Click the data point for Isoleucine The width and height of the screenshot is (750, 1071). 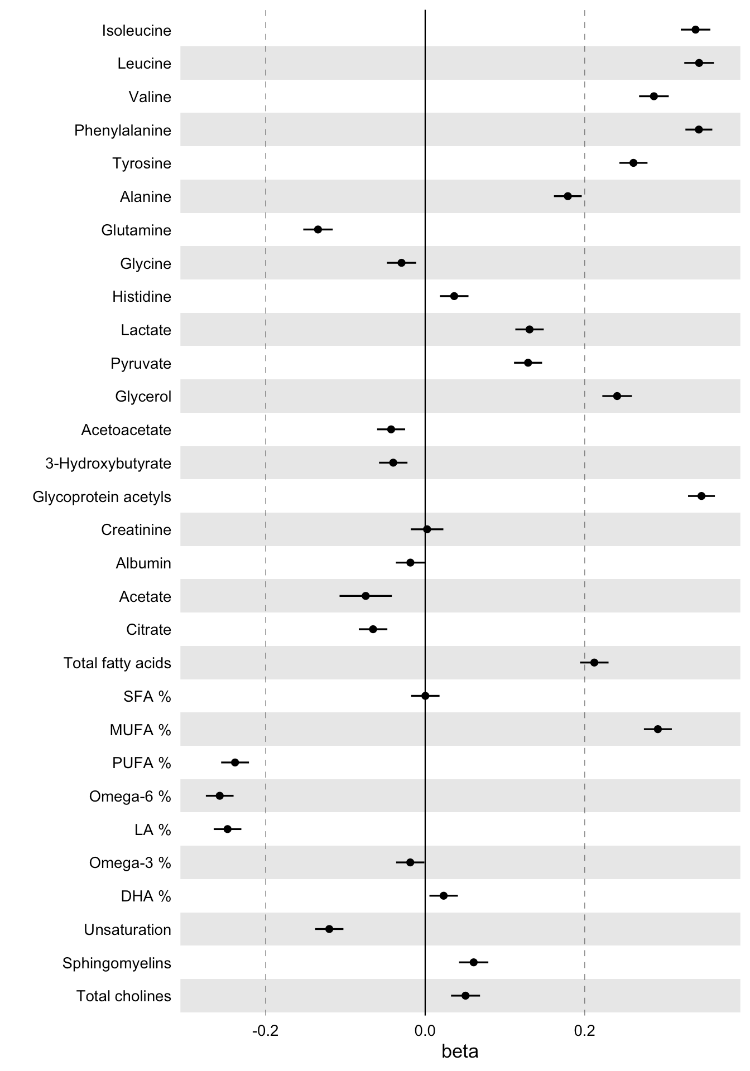[695, 30]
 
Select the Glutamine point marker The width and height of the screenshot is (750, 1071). [318, 229]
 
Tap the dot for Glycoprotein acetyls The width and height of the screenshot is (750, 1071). [701, 496]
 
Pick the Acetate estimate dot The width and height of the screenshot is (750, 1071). [366, 596]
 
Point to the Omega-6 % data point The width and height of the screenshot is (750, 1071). [219, 795]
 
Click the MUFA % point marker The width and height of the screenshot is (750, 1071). [657, 729]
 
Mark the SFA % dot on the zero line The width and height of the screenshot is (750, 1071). [425, 696]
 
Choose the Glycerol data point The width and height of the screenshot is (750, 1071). [617, 396]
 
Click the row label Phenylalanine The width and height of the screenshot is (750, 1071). [123, 131]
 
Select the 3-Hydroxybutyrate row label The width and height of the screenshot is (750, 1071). [108, 464]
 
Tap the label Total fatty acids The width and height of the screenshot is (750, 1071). [117, 663]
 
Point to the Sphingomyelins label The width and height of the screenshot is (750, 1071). [117, 963]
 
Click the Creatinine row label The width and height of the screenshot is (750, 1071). [136, 530]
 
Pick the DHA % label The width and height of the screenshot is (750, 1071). [146, 896]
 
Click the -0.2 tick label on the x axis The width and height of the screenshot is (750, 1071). [265, 1030]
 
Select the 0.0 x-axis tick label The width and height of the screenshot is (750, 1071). [425, 1030]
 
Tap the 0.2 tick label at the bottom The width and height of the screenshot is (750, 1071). [584, 1030]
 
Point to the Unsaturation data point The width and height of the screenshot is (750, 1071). [329, 929]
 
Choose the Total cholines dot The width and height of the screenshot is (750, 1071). [465, 996]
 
